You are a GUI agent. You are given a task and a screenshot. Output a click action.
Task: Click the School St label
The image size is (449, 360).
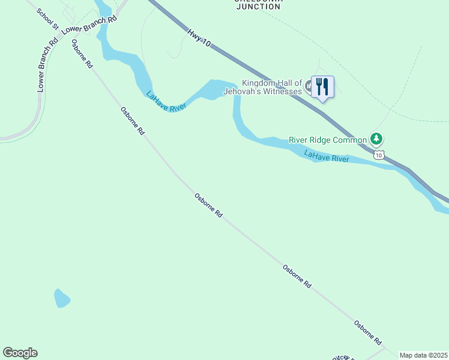coord(47,19)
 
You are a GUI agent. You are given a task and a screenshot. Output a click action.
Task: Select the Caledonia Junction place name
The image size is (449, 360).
coord(258,3)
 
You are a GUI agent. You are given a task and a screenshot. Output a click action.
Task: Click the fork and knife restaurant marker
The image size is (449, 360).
coord(322,87)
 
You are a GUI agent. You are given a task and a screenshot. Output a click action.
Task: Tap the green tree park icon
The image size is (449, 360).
coord(376,139)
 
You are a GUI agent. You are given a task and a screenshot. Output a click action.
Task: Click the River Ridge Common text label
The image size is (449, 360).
coord(327,140)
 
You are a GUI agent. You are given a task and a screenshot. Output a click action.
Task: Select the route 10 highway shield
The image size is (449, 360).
coord(378,155)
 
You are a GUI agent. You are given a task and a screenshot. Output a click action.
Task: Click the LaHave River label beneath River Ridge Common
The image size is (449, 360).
coord(327,157)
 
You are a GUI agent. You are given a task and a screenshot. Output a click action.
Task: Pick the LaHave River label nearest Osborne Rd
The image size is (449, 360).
coord(166,100)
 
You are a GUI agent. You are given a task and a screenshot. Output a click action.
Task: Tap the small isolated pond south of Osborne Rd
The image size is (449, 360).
coord(61,298)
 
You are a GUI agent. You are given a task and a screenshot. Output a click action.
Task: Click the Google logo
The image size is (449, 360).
coord(20,353)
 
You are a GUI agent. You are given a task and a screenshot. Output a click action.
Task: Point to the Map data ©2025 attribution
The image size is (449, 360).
coord(424,355)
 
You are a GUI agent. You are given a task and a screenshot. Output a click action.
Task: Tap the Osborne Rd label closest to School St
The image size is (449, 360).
coord(82,53)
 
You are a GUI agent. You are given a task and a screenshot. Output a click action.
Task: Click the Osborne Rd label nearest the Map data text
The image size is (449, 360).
coord(367,333)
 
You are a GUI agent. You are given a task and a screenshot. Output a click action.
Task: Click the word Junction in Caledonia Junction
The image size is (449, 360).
coord(258,7)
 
